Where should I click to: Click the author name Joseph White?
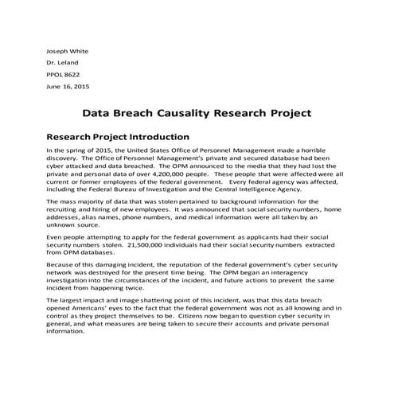click(68, 49)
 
